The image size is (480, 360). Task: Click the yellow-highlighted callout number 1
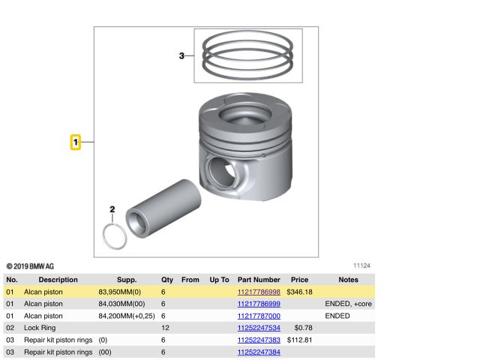[76, 142]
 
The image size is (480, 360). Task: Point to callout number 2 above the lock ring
[112, 209]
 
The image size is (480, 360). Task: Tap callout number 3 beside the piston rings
[181, 55]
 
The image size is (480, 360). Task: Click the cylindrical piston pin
[163, 208]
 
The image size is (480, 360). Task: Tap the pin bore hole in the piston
[222, 172]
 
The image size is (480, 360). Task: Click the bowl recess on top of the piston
[245, 113]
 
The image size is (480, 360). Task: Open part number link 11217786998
[259, 292]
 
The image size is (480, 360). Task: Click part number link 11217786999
[259, 304]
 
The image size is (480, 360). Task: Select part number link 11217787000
[259, 316]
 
